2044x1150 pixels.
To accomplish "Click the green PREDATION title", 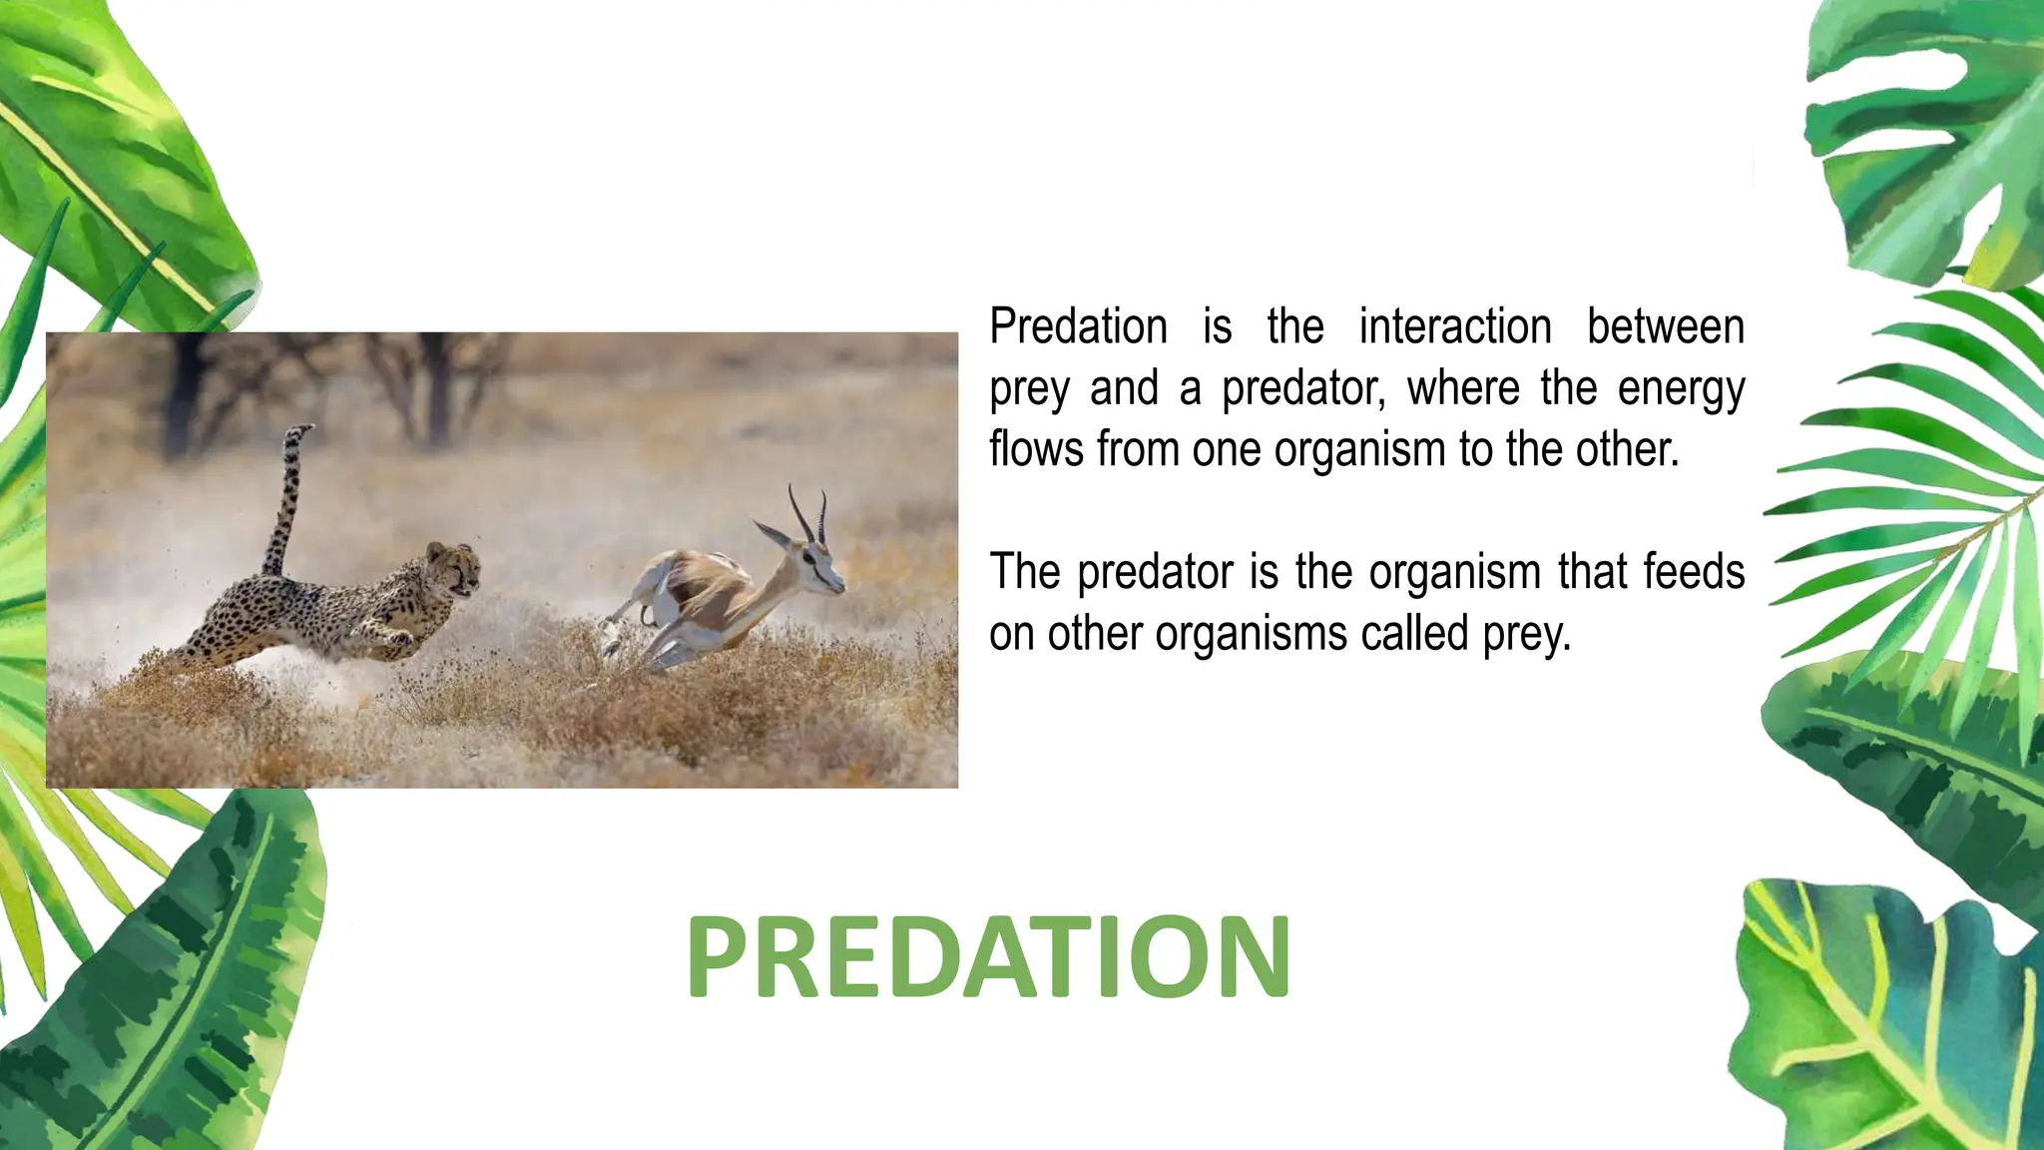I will (x=988, y=956).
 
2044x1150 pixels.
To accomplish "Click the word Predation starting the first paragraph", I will (x=1078, y=327).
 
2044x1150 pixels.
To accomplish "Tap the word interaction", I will (x=1454, y=327).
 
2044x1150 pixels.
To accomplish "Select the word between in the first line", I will (x=1665, y=327).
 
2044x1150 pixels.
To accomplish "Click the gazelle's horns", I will (x=808, y=514).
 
